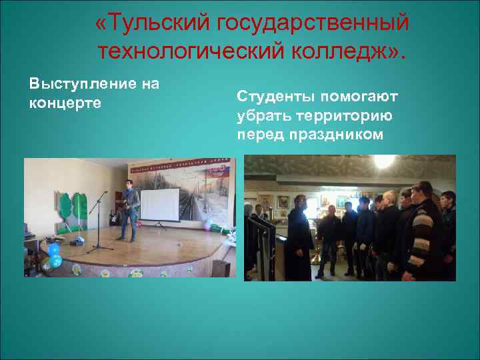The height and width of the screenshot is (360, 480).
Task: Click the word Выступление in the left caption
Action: point(76,84)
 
